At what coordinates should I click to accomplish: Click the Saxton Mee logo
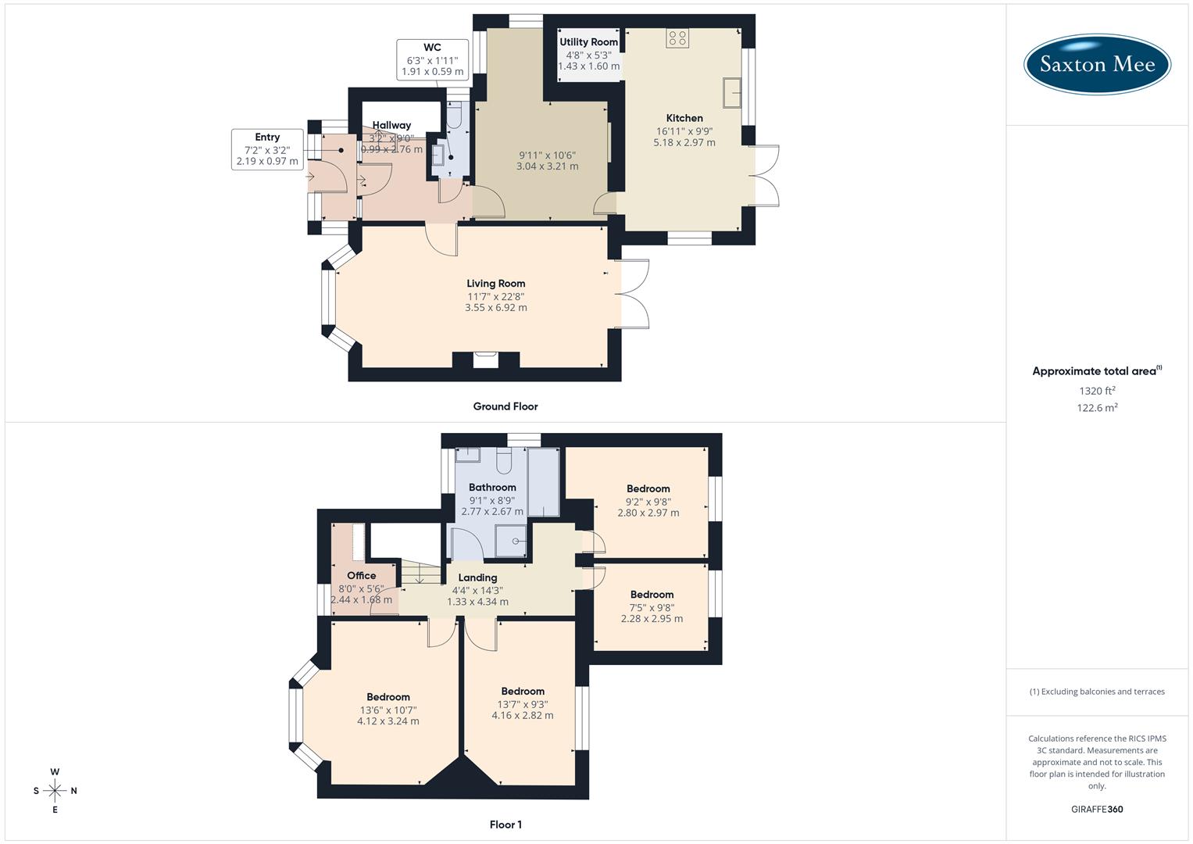1097,64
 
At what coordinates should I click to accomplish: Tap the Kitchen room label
684,118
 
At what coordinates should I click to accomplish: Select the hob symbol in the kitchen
677,38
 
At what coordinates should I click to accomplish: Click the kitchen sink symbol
732,93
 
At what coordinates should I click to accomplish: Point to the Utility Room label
588,42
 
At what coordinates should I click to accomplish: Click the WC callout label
432,48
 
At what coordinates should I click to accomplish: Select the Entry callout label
267,137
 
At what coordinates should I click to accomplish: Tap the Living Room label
495,284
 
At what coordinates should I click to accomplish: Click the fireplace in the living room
485,359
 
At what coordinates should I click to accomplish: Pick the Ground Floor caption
505,406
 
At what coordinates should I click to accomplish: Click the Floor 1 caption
505,824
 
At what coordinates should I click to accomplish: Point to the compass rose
55,791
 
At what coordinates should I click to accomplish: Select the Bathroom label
492,487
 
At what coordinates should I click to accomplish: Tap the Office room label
361,576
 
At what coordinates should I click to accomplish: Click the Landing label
477,578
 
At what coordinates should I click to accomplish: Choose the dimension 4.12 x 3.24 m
388,721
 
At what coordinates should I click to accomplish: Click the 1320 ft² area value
1097,391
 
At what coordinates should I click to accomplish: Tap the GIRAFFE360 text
1097,809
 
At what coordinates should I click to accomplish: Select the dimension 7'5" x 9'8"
652,607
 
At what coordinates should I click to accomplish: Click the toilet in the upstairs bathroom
505,463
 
